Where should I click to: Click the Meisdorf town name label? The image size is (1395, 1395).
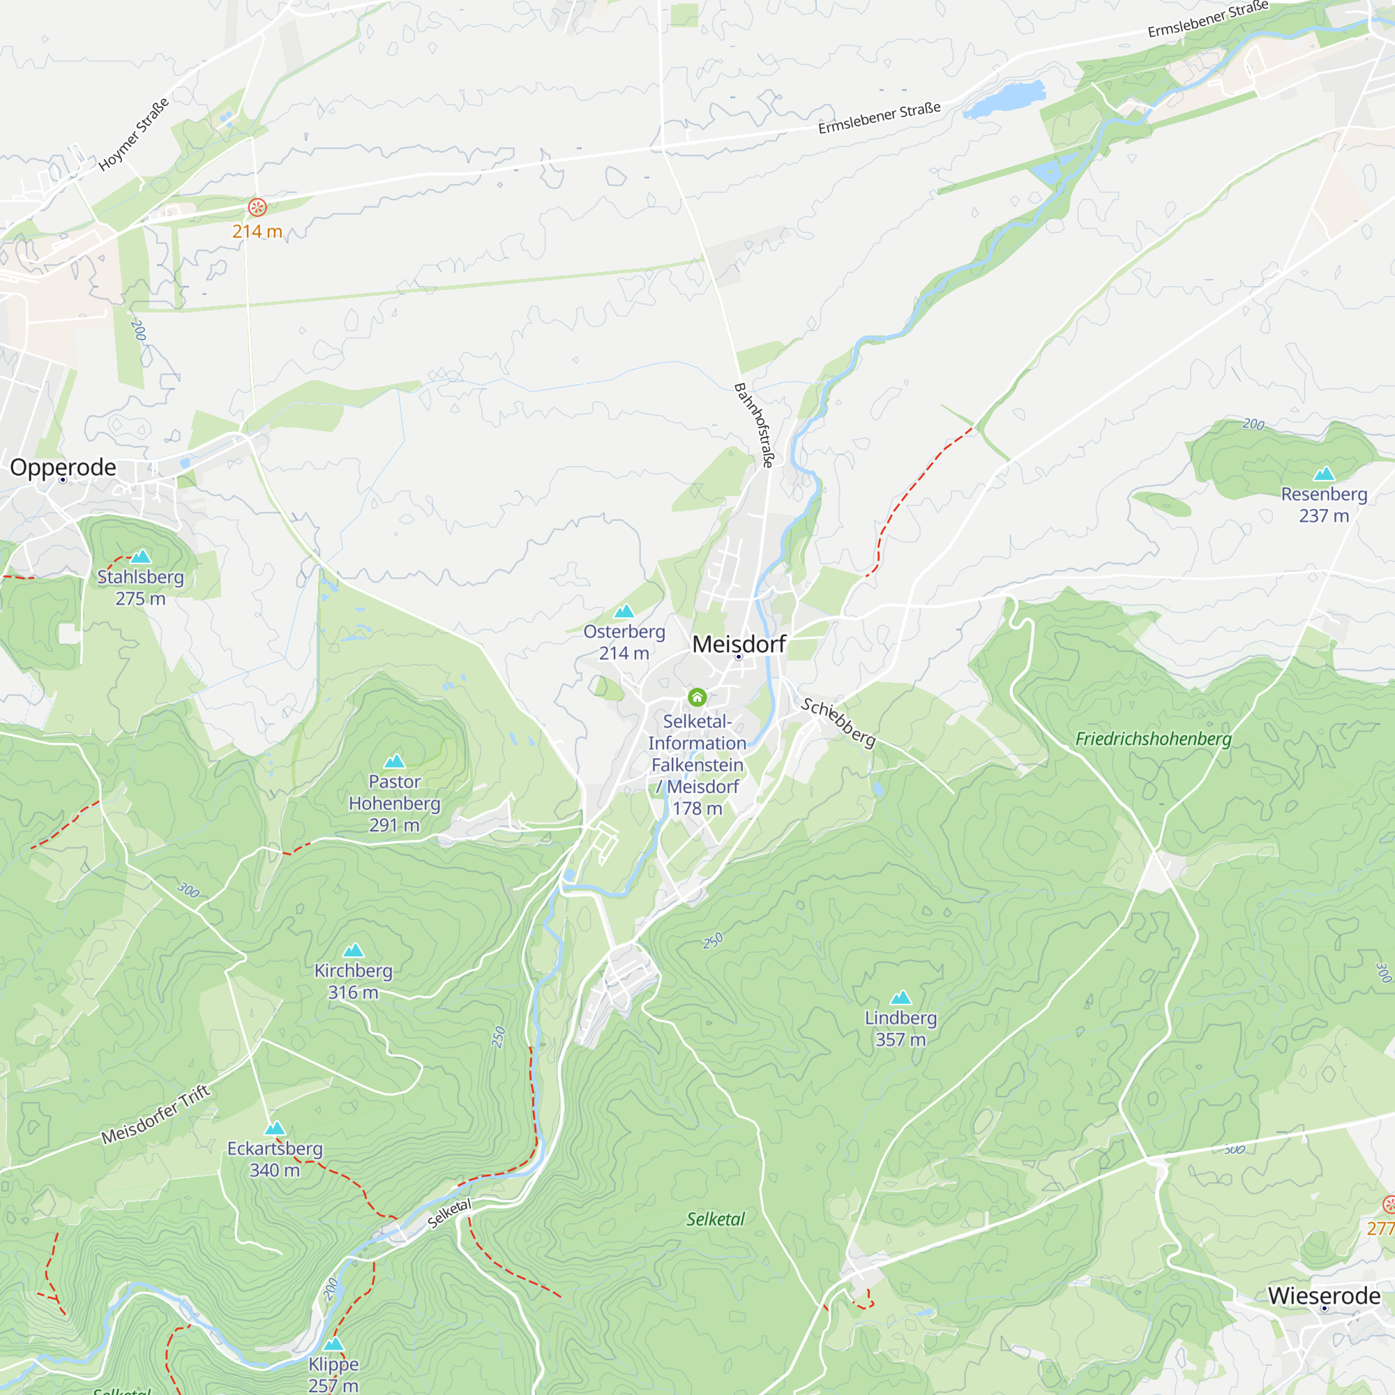pyautogui.click(x=739, y=644)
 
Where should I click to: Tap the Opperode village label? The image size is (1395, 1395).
pyautogui.click(x=63, y=467)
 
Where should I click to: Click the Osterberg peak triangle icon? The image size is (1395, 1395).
pyautogui.click(x=624, y=612)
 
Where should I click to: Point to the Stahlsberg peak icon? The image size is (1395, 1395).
pyautogui.click(x=141, y=557)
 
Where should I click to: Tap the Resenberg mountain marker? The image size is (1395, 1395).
pyautogui.click(x=1324, y=474)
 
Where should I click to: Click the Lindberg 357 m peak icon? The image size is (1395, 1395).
pyautogui.click(x=900, y=998)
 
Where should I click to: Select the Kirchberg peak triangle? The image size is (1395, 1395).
pyautogui.click(x=353, y=950)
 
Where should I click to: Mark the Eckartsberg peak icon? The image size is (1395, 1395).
pyautogui.click(x=274, y=1129)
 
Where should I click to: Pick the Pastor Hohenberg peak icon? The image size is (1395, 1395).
pyautogui.click(x=394, y=761)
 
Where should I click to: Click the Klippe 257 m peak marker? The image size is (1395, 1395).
pyautogui.click(x=333, y=1344)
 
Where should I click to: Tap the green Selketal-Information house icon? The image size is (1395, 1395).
pyautogui.click(x=697, y=697)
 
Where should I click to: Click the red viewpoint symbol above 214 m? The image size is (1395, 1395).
pyautogui.click(x=257, y=207)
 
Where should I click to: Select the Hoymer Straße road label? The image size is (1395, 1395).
pyautogui.click(x=134, y=135)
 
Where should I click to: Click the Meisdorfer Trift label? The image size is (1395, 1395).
pyautogui.click(x=156, y=1114)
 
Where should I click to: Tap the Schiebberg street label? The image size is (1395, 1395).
pyautogui.click(x=838, y=723)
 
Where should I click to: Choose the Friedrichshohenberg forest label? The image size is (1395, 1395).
pyautogui.click(x=1153, y=739)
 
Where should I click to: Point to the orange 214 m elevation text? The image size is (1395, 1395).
pyautogui.click(x=257, y=232)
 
